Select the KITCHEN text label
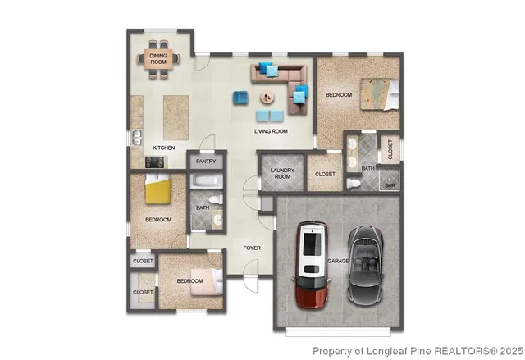pyautogui.click(x=164, y=148)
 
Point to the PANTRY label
pyautogui.click(x=205, y=162)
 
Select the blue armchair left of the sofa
pyautogui.click(x=240, y=98)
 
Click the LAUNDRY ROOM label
pyautogui.click(x=281, y=174)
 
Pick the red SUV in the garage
pyautogui.click(x=313, y=262)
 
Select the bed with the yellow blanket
pyautogui.click(x=157, y=190)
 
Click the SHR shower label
pyautogui.click(x=390, y=185)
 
